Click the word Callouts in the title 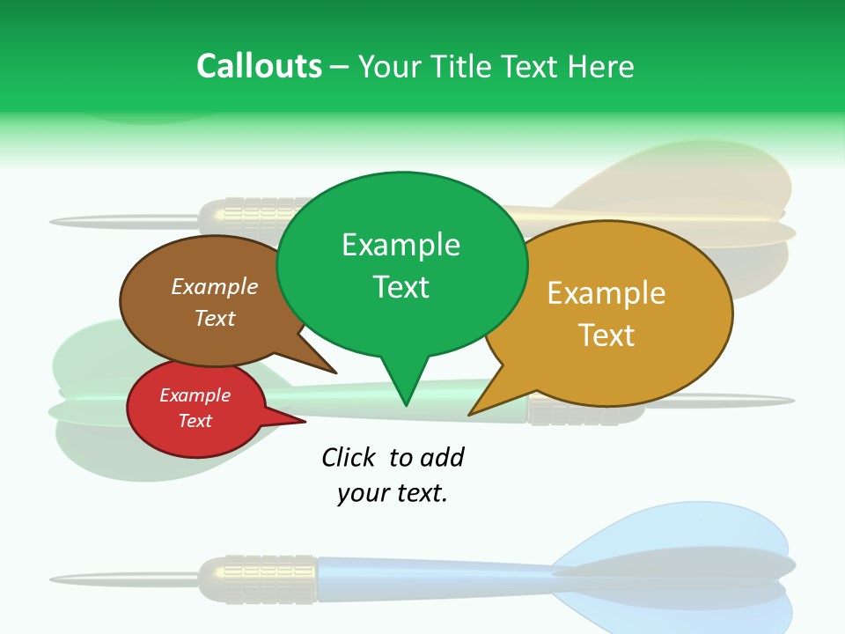tap(259, 66)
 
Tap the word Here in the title tap(600, 66)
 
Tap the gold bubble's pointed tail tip tap(471, 413)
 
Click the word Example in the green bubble tap(401, 245)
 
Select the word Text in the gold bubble tap(606, 335)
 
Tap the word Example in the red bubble tap(195, 395)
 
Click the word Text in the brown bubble tap(215, 318)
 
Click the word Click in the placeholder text tap(349, 457)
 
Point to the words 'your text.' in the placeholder tap(393, 493)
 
